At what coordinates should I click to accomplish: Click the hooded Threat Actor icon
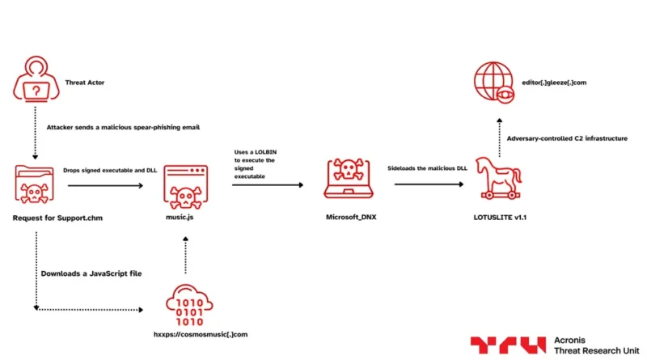pyautogui.click(x=35, y=82)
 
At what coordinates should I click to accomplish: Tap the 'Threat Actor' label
pyautogui.click(x=84, y=82)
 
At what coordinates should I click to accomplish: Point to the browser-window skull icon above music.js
pyautogui.click(x=185, y=185)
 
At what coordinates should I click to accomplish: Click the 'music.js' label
pyautogui.click(x=186, y=218)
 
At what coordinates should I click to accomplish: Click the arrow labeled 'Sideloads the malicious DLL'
pyautogui.click(x=428, y=185)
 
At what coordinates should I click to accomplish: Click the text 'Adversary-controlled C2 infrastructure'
pyautogui.click(x=567, y=138)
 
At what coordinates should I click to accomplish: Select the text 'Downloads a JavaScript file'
pyautogui.click(x=91, y=273)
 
